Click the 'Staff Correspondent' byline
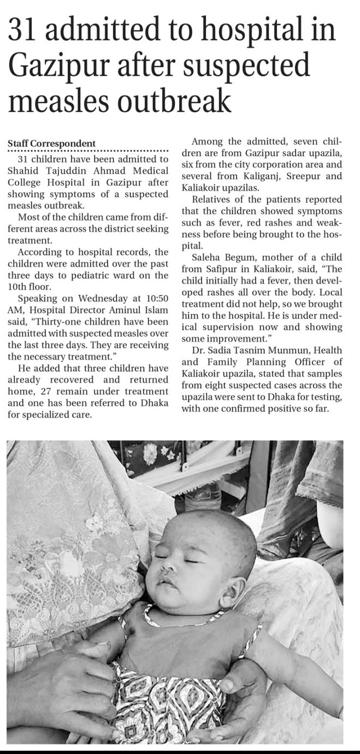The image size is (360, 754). point(52,144)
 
